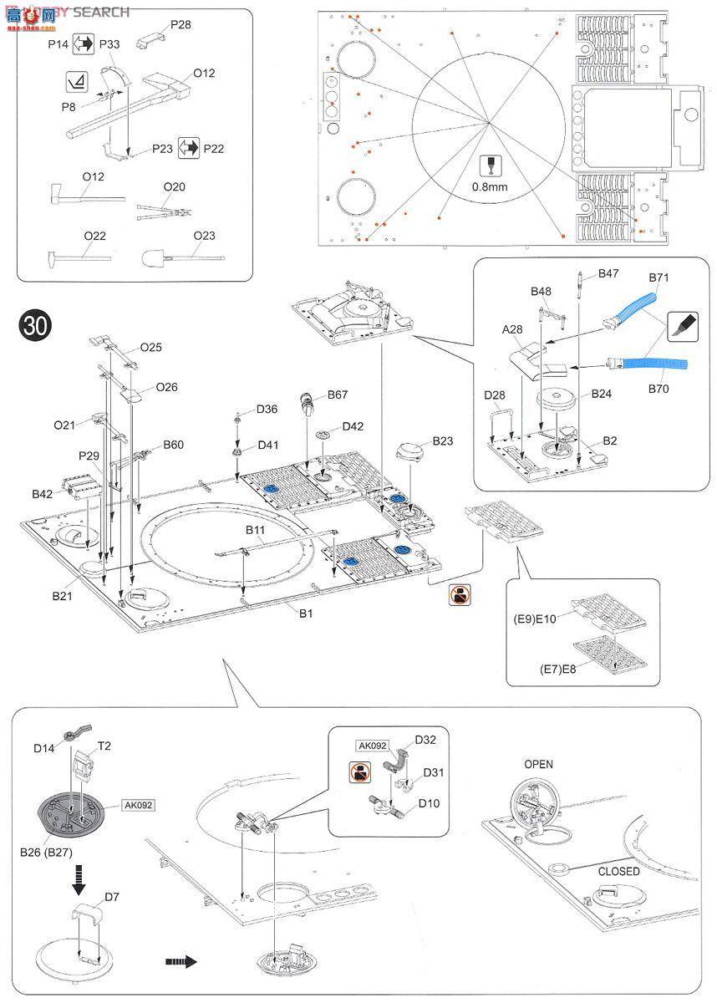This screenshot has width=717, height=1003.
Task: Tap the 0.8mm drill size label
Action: tap(489, 186)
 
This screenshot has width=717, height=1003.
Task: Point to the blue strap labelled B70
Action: tap(651, 364)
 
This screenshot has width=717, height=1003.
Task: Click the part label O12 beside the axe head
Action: tap(204, 74)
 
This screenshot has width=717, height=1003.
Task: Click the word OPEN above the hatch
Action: tap(538, 764)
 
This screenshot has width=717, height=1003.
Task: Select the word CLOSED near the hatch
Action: tap(618, 871)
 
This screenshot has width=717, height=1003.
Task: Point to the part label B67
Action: tap(338, 394)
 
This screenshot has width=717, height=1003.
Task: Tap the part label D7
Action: tap(113, 898)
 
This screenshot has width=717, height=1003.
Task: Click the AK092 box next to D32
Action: tap(373, 746)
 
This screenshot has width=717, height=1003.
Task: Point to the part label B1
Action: tap(307, 613)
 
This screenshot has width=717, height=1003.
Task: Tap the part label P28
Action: tap(181, 24)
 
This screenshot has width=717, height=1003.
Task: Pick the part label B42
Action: tap(43, 494)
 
